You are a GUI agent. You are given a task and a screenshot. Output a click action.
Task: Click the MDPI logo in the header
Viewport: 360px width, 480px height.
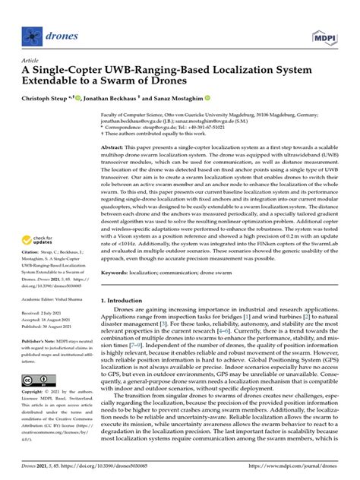pos(324,36)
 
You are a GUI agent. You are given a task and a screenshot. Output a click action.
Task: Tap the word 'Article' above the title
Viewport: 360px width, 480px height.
pos(30,60)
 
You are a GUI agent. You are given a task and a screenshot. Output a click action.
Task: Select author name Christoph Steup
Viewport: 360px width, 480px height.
pos(49,99)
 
